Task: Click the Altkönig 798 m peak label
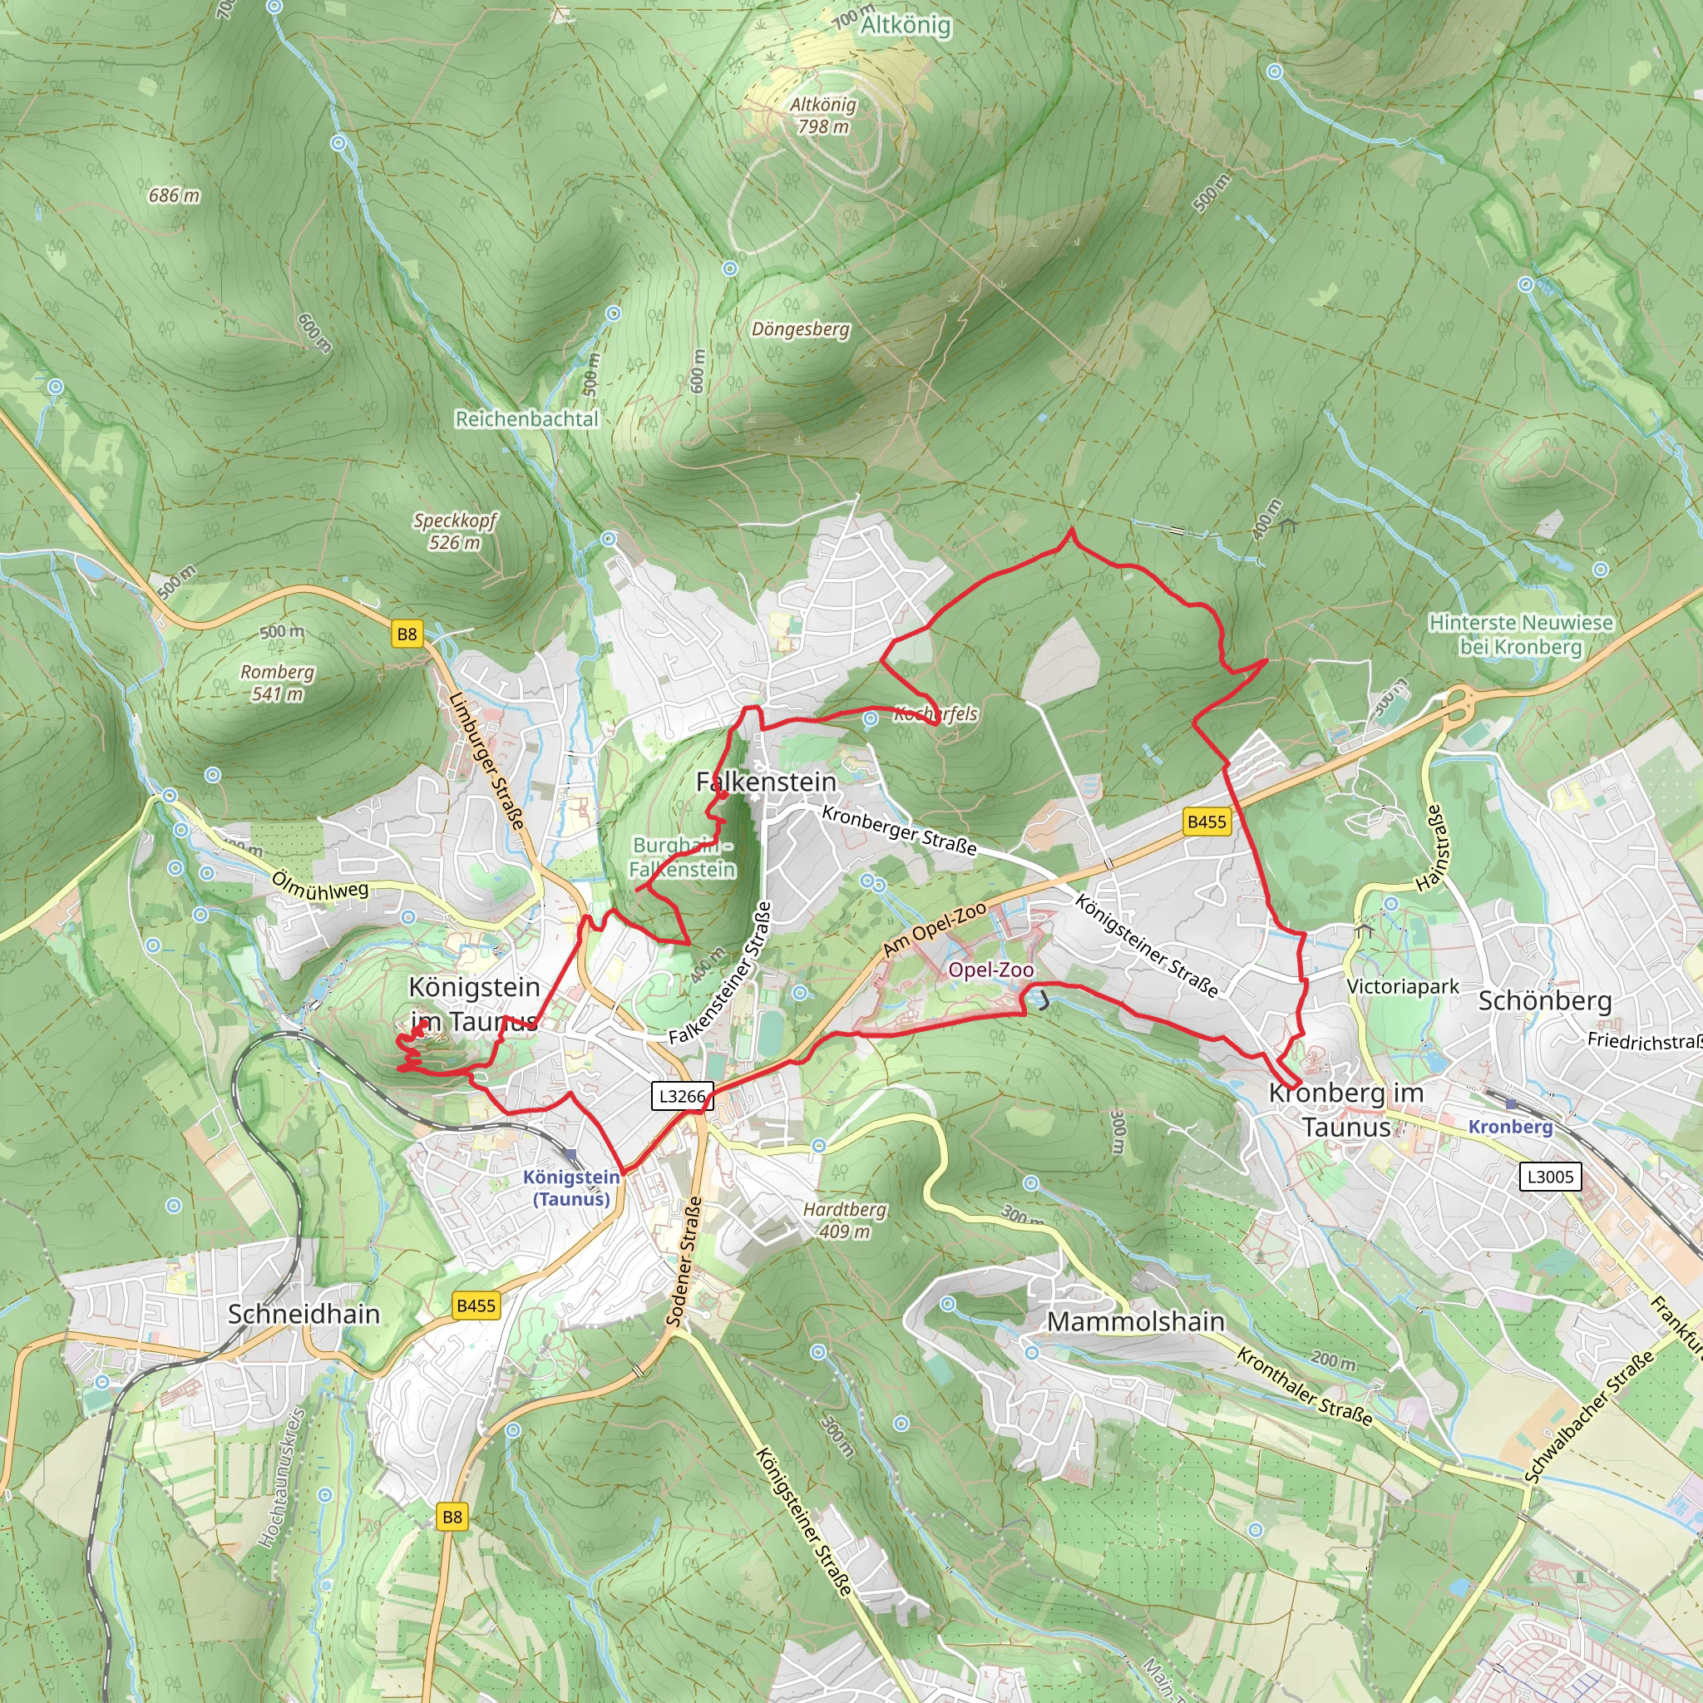(x=822, y=116)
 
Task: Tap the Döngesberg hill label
(x=801, y=329)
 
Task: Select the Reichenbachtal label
(x=526, y=419)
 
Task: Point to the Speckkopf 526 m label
(x=455, y=531)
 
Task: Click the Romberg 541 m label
(x=278, y=682)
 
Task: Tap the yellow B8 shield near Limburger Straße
(x=407, y=634)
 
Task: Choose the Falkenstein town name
(x=766, y=782)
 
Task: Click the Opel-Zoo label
(x=990, y=970)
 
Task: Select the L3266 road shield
(x=682, y=1097)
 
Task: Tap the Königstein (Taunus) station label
(x=571, y=1187)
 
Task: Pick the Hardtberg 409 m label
(x=845, y=1220)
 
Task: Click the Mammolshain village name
(x=1135, y=1322)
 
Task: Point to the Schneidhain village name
(x=304, y=1315)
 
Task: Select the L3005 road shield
(x=1550, y=1176)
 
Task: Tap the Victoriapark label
(x=1403, y=986)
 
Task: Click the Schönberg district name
(x=1544, y=1001)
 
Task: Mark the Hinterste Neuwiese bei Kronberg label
(x=1521, y=634)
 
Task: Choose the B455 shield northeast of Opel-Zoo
(x=1206, y=822)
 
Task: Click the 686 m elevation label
(x=174, y=195)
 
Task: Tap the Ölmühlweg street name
(x=319, y=886)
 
